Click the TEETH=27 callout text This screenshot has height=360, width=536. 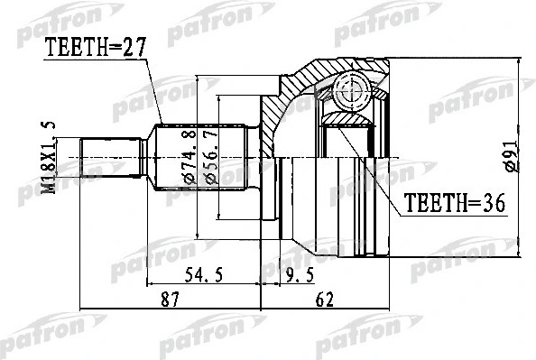click(x=96, y=48)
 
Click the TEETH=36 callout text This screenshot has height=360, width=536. click(x=455, y=203)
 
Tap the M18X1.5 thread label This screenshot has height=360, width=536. click(x=48, y=158)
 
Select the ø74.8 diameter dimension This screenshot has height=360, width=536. click(x=190, y=158)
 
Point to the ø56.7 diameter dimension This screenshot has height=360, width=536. click(x=211, y=158)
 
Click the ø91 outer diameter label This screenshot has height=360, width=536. click(x=512, y=154)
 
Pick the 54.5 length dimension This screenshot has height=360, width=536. click(x=204, y=274)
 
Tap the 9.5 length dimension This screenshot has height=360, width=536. click(x=300, y=274)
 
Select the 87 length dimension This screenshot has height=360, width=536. click(x=170, y=300)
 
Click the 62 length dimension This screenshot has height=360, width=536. click(x=325, y=300)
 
